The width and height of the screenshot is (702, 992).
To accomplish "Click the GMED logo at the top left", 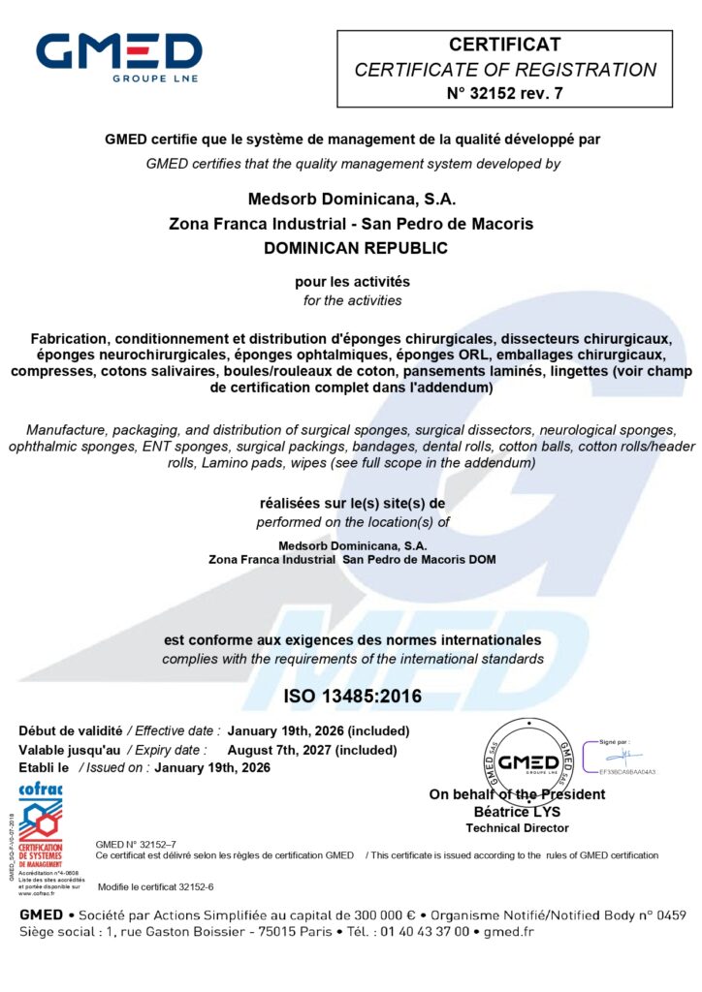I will click(x=118, y=57).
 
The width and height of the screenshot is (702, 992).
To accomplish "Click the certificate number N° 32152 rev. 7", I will click(x=504, y=93).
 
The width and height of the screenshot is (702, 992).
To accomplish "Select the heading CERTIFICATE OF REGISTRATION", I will click(x=504, y=70).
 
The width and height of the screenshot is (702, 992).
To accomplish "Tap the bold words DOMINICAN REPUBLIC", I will click(x=356, y=248).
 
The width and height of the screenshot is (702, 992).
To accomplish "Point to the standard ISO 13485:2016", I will click(x=352, y=696).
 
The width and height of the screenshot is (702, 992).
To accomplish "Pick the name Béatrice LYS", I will click(x=517, y=811).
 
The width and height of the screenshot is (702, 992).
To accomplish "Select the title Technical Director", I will click(x=517, y=827).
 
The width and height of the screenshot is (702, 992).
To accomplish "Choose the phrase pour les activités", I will click(x=352, y=282).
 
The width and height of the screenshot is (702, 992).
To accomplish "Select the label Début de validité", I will click(x=71, y=730).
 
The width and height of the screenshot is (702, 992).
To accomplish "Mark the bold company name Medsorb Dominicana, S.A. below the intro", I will click(x=352, y=200).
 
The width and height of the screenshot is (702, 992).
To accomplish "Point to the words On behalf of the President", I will click(x=517, y=794).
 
